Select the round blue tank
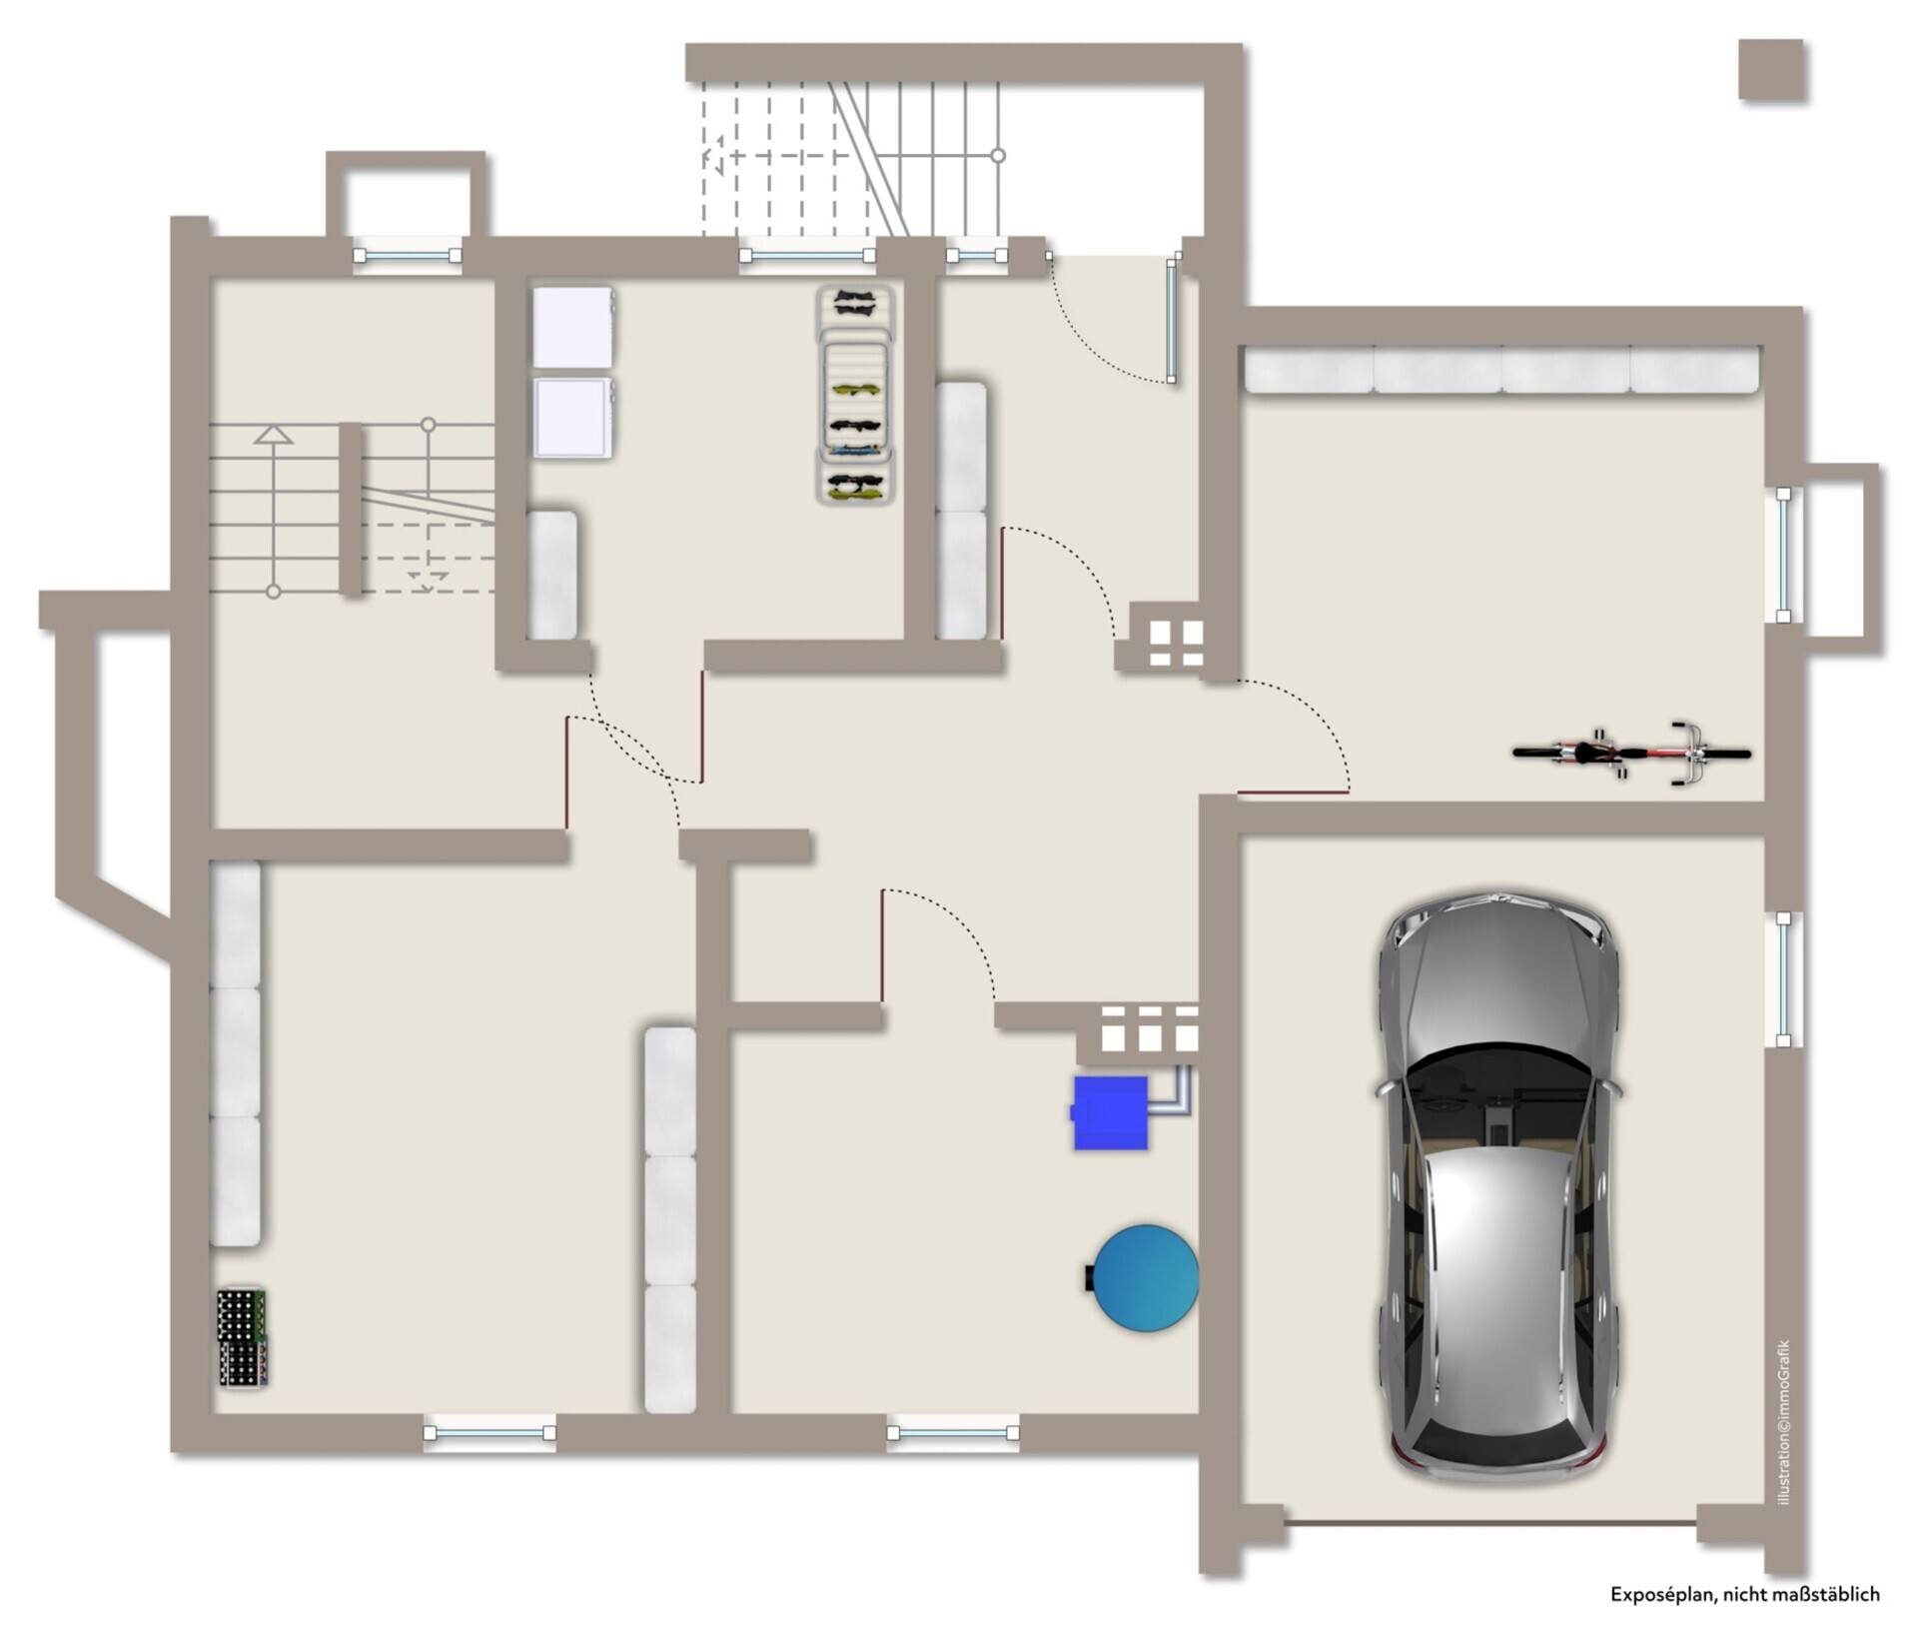[1145, 1278]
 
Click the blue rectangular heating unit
[1110, 1112]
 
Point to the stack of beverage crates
[243, 1337]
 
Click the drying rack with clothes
[854, 396]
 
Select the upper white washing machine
[572, 327]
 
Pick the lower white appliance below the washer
[572, 417]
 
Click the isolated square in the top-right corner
[1771, 70]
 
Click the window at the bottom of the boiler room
[953, 1432]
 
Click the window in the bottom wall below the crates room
[489, 1432]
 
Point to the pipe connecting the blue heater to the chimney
[1170, 1092]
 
